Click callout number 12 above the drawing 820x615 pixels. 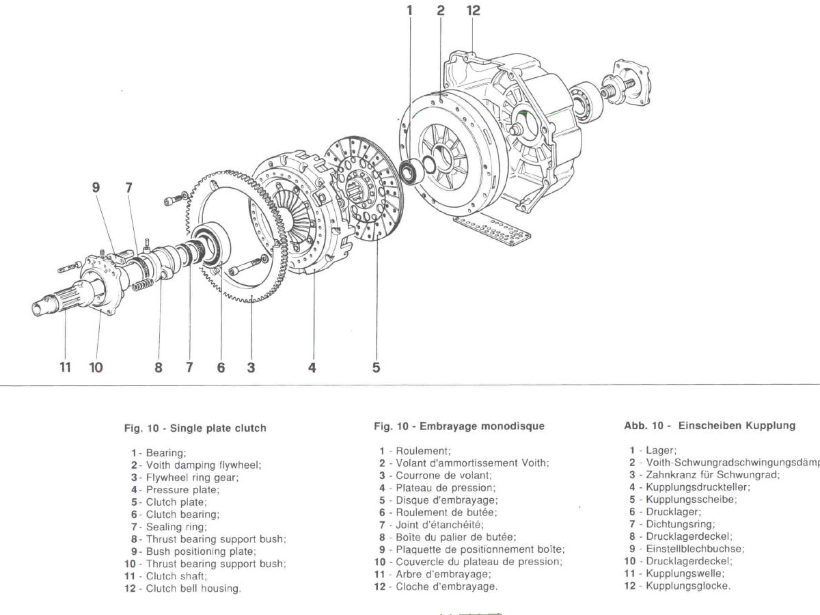coord(473,10)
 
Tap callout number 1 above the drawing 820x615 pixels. coord(410,10)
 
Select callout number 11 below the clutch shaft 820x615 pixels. coord(65,367)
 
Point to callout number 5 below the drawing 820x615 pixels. coord(376,367)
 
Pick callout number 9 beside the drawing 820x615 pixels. coord(96,186)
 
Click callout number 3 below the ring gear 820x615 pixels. coord(251,367)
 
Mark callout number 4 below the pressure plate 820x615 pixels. coord(312,367)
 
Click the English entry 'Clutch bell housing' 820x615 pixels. coord(193,588)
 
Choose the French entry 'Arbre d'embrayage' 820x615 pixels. coord(443,574)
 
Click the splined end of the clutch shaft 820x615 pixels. coord(48,304)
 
